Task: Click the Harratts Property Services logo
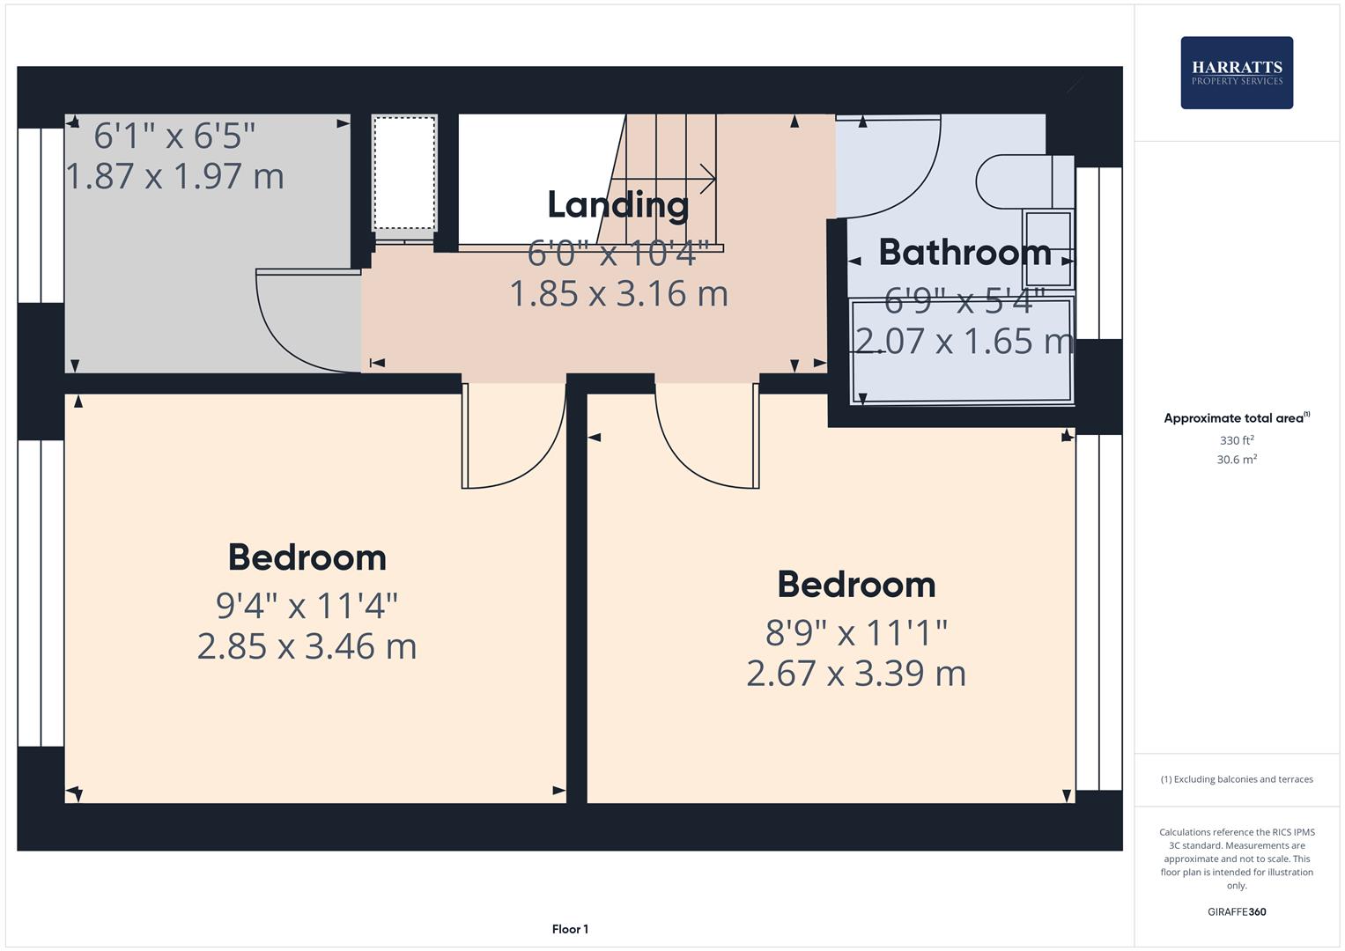coord(1236,73)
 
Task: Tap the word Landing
coord(618,205)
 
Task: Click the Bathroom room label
coord(964,253)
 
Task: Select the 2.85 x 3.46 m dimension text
coord(307,646)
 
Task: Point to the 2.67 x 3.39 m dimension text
coord(855,674)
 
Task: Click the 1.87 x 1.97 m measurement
coord(175,176)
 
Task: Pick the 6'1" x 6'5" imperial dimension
coord(174,136)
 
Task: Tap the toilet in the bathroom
coord(1022,182)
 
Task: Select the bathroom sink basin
coord(1046,248)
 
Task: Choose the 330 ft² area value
coord(1236,440)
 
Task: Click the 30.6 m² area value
coord(1236,460)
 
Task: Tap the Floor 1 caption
coord(570,929)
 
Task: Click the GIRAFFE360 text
coord(1236,911)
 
